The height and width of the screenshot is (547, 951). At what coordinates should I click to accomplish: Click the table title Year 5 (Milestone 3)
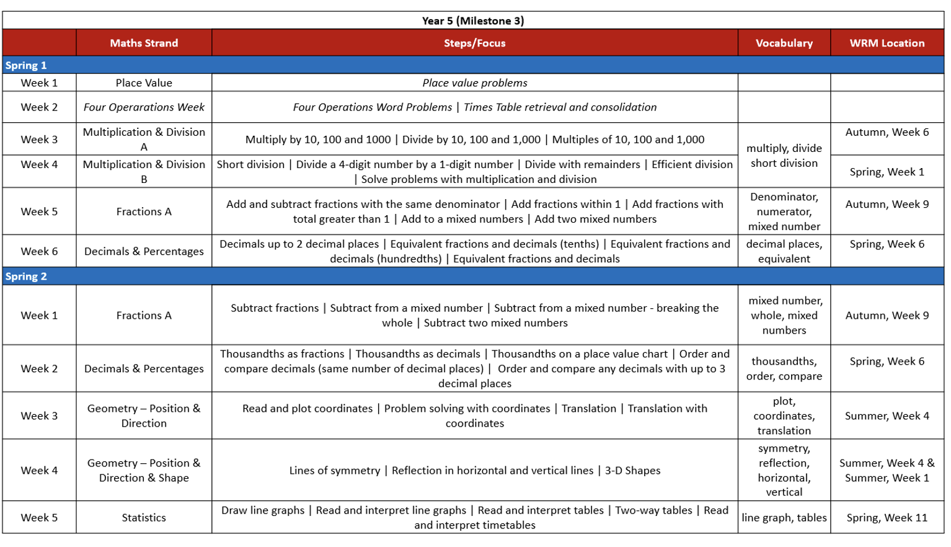tap(472, 20)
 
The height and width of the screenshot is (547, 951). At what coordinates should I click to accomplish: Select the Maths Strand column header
tap(144, 43)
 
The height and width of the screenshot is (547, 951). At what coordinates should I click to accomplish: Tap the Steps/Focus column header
tap(474, 43)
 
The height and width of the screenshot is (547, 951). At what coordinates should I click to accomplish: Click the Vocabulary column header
tap(784, 43)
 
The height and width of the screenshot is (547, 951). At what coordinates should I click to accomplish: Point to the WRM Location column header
tap(887, 43)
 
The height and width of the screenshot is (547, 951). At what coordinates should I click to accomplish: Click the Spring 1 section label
tap(26, 65)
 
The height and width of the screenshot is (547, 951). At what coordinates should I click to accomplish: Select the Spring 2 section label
tap(26, 276)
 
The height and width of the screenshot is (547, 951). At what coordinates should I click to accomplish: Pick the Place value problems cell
tap(474, 82)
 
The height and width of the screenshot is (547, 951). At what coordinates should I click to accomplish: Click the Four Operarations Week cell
tap(144, 107)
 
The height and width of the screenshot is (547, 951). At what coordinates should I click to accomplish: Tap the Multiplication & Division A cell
tap(144, 139)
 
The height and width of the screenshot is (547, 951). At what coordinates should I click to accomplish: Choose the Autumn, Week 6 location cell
tap(887, 132)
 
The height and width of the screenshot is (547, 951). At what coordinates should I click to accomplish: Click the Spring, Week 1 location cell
tap(887, 172)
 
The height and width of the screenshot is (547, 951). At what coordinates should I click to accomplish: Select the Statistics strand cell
tap(144, 517)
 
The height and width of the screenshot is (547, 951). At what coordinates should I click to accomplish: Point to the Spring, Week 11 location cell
tap(887, 517)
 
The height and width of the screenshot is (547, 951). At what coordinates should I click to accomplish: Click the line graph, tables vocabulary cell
tap(784, 517)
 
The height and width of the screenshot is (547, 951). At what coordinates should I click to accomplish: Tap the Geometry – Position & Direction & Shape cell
tap(144, 470)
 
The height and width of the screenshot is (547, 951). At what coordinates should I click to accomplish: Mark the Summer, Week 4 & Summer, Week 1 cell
tap(887, 470)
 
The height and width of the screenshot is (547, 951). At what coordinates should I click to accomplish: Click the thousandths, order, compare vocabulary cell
tap(784, 368)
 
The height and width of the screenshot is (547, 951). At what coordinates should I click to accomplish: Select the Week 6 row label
tap(39, 251)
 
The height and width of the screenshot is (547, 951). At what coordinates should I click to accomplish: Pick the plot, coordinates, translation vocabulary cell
tap(784, 416)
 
